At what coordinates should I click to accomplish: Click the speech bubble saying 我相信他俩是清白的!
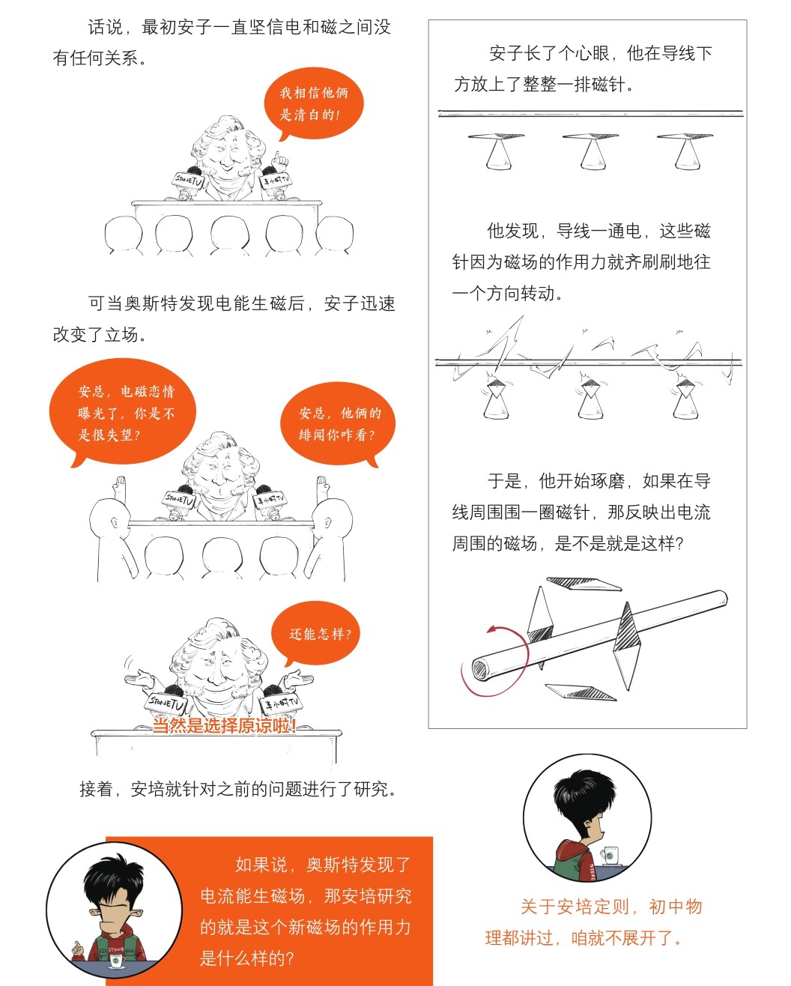coord(314,103)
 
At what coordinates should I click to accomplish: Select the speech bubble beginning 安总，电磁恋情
coord(123,411)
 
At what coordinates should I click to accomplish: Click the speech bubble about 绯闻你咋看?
coord(338,423)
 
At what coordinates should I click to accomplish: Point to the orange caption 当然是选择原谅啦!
coord(224,725)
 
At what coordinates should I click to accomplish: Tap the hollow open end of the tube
coord(479,670)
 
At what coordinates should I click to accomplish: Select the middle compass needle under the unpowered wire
coord(590,136)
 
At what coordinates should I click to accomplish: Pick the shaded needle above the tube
coord(584,584)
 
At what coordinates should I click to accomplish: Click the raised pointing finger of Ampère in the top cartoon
coord(276,159)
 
